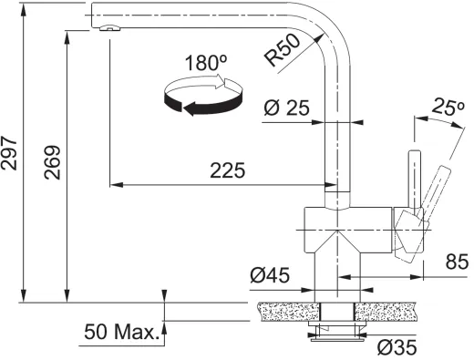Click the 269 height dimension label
(53, 164)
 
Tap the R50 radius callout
(284, 53)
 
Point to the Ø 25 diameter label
(285, 108)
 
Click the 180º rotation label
(205, 64)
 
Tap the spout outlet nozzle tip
(108, 28)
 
